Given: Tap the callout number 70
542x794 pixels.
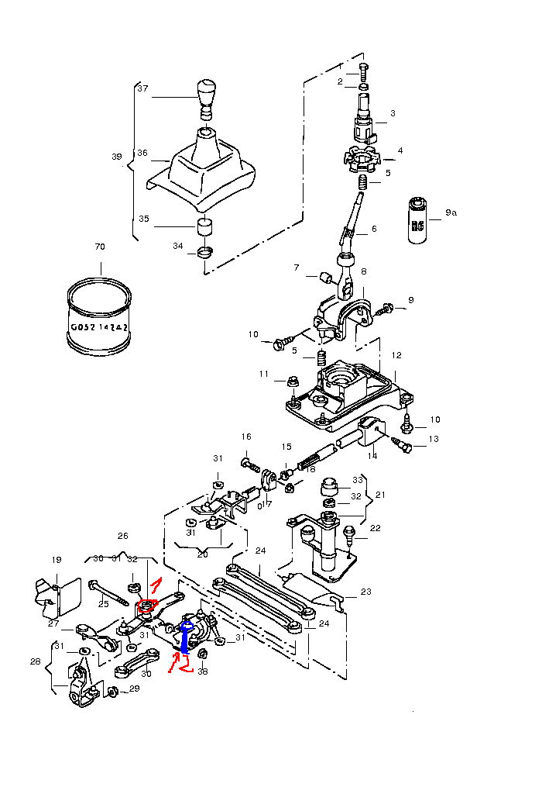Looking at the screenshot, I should (99, 247).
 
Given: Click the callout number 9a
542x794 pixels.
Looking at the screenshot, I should (451, 212).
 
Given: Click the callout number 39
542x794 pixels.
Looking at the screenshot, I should (117, 157).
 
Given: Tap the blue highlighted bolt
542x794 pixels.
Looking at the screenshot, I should (186, 639).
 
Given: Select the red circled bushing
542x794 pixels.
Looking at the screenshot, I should (145, 606).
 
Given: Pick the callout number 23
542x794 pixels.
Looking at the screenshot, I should (366, 592).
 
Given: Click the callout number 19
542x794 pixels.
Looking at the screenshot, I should (57, 560).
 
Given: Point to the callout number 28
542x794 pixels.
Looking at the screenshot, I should (35, 661).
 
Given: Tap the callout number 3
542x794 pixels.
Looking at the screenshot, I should (393, 113).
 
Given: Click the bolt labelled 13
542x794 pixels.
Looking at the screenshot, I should (404, 445).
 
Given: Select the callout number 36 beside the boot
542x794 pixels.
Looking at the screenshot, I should (142, 154).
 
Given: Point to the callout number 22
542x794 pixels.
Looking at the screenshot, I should (376, 528).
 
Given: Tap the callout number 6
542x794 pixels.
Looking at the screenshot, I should (374, 230).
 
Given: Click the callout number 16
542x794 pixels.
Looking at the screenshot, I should (246, 437).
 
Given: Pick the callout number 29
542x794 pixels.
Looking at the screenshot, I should (134, 689).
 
